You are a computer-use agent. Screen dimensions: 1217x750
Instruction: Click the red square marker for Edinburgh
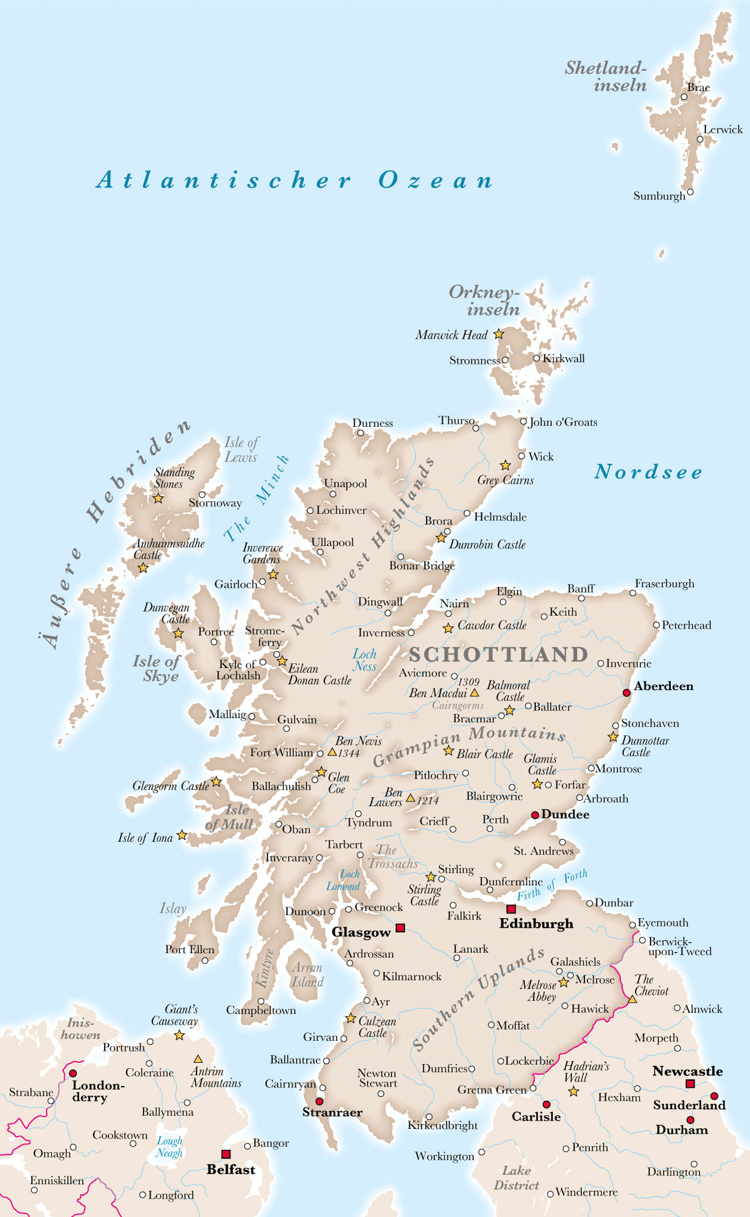[511, 909]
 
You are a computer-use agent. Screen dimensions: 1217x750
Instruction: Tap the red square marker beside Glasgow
[401, 928]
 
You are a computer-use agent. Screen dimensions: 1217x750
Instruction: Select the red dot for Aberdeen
[626, 692]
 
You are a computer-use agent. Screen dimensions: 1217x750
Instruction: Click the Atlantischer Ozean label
[295, 180]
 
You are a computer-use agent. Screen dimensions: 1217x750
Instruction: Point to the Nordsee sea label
[648, 472]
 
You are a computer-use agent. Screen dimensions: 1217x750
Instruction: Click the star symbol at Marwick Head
[499, 335]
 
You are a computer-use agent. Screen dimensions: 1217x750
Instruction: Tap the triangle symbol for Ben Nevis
[332, 752]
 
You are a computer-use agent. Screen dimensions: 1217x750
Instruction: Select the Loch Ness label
[364, 660]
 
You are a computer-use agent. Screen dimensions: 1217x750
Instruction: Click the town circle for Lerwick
[700, 140]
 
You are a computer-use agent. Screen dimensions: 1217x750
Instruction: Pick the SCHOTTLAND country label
[498, 655]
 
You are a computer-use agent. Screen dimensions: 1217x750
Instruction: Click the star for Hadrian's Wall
[573, 1091]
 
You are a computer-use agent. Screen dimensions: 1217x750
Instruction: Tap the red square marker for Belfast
[226, 1154]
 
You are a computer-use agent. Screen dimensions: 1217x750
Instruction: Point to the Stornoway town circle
[202, 495]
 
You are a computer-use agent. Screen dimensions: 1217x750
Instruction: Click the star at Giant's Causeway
[179, 1035]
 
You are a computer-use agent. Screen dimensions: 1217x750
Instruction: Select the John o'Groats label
[562, 422]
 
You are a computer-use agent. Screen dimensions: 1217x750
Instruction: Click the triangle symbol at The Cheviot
[633, 999]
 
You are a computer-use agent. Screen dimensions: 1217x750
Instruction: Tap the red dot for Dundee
[535, 815]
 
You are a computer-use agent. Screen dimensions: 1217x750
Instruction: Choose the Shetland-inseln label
[606, 76]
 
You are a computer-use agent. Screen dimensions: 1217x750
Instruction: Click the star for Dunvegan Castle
[178, 634]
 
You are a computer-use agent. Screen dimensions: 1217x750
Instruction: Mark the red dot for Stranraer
[320, 1101]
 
